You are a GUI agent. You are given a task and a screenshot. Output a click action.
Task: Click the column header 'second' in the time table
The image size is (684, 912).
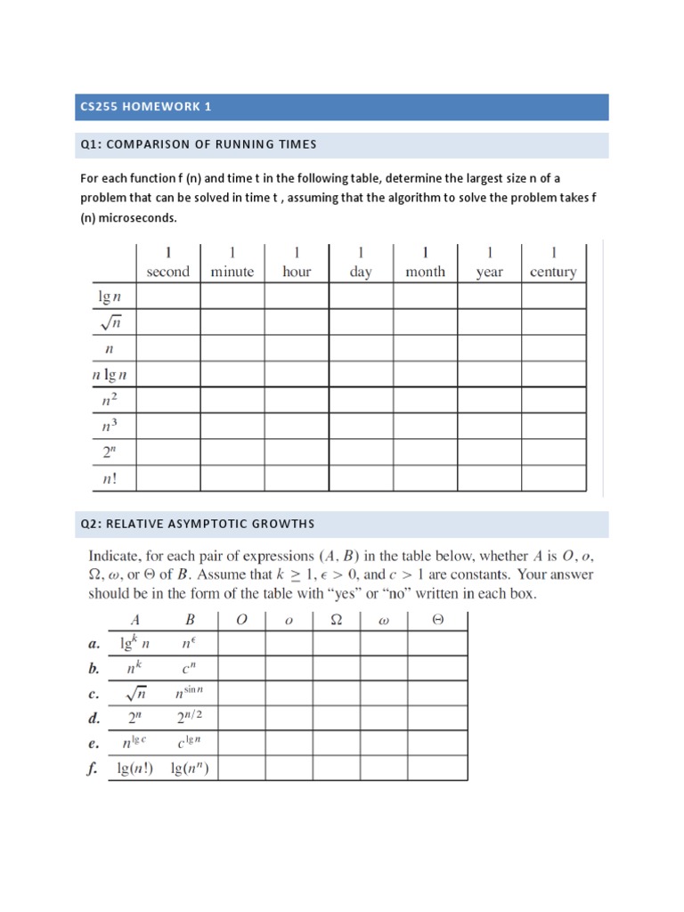tap(168, 272)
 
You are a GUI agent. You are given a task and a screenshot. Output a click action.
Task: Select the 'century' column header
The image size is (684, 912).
tap(553, 272)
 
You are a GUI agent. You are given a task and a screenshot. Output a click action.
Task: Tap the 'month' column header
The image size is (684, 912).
tap(425, 272)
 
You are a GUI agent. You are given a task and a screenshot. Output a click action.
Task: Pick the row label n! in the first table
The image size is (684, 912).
tap(110, 478)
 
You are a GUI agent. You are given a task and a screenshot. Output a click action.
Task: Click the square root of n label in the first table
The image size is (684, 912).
tap(110, 322)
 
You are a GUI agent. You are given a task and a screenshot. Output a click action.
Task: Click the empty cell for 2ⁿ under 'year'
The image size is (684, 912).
tap(489, 452)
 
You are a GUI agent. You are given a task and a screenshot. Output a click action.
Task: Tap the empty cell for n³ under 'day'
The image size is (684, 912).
tap(361, 427)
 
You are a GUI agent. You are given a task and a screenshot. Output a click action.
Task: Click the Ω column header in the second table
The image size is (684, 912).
tap(337, 620)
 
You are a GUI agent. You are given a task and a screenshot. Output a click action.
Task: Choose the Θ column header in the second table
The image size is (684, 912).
tap(437, 620)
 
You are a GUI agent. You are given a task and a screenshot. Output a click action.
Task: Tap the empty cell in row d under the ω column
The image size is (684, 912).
tap(384, 718)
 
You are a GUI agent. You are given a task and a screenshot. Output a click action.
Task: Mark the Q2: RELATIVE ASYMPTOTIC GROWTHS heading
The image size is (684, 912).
tap(197, 524)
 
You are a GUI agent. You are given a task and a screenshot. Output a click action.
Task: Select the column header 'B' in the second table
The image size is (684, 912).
tap(189, 620)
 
